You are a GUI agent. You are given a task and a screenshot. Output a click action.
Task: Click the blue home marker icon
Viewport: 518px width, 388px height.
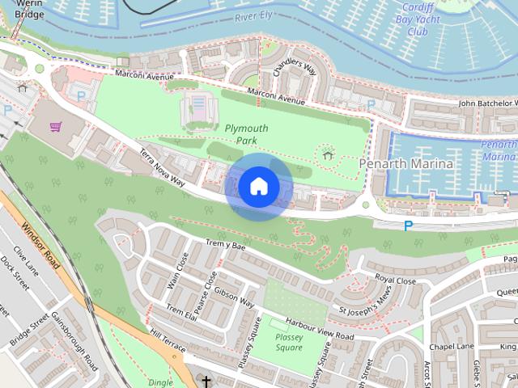(258, 186)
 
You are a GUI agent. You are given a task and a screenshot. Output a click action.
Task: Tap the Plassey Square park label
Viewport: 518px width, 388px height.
(288, 343)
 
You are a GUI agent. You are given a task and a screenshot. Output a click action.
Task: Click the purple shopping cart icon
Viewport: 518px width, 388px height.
(56, 126)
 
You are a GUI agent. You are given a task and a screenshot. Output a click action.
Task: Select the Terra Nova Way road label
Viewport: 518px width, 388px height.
(162, 168)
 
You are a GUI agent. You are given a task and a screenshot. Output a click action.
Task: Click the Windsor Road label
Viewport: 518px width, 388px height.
(40, 247)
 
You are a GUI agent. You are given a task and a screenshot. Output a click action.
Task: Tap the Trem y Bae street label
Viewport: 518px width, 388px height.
(226, 245)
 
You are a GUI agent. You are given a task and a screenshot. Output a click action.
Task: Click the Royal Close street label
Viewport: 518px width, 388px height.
(395, 280)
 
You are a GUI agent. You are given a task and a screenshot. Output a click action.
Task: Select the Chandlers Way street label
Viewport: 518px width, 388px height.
(295, 78)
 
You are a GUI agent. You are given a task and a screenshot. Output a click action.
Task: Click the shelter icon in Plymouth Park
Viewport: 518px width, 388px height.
(327, 154)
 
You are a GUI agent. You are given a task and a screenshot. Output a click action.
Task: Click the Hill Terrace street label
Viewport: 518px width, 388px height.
(168, 344)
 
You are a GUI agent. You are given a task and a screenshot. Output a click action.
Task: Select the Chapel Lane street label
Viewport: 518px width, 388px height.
(451, 346)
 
